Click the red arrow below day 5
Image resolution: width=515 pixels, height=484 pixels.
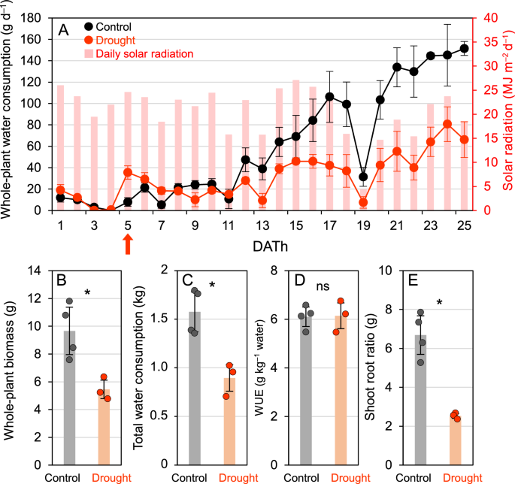[x=128, y=244]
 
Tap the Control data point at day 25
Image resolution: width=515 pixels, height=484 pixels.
[x=464, y=48]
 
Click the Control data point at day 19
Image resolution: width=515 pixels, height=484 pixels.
[x=363, y=177]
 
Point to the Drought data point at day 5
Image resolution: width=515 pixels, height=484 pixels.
[x=128, y=172]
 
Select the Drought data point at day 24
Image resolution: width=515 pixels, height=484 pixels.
[x=447, y=124]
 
